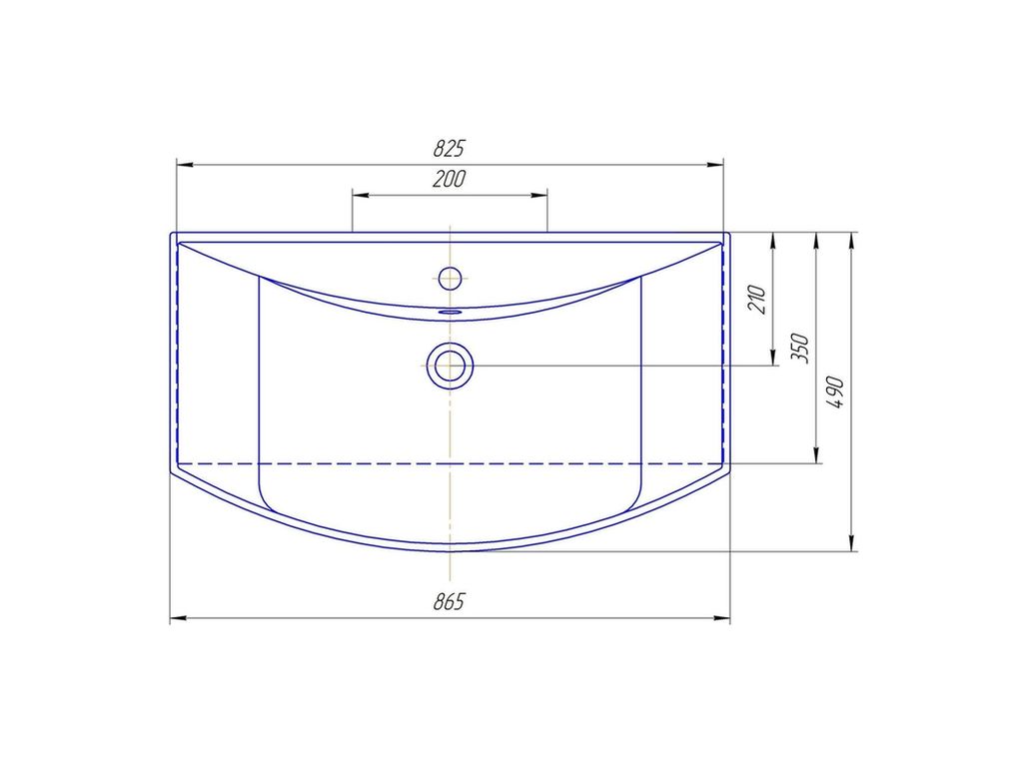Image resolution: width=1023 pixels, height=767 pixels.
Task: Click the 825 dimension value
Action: [449, 149]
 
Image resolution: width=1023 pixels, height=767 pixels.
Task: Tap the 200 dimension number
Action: [449, 179]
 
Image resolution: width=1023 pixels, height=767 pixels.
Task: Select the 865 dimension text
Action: [449, 601]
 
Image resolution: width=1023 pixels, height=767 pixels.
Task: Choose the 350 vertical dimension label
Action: [799, 349]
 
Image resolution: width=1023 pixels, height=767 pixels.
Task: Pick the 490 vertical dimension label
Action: [835, 391]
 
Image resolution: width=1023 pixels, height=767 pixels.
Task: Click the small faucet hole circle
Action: [451, 278]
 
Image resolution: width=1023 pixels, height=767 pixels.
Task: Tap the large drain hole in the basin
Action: [451, 366]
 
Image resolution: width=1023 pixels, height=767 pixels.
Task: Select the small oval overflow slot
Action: [451, 312]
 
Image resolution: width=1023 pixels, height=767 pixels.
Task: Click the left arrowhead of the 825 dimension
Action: [185, 165]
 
